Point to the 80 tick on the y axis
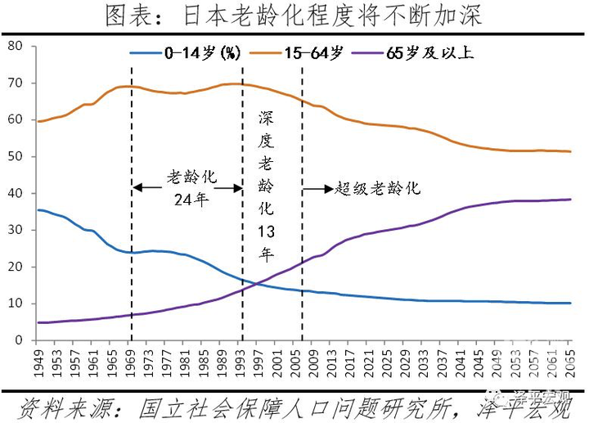point(14,46)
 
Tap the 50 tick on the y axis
point(14,156)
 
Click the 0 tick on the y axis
point(17,340)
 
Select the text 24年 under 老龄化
point(187,199)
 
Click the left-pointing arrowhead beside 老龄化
point(137,188)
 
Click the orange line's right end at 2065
point(570,151)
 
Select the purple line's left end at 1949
point(38,322)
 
